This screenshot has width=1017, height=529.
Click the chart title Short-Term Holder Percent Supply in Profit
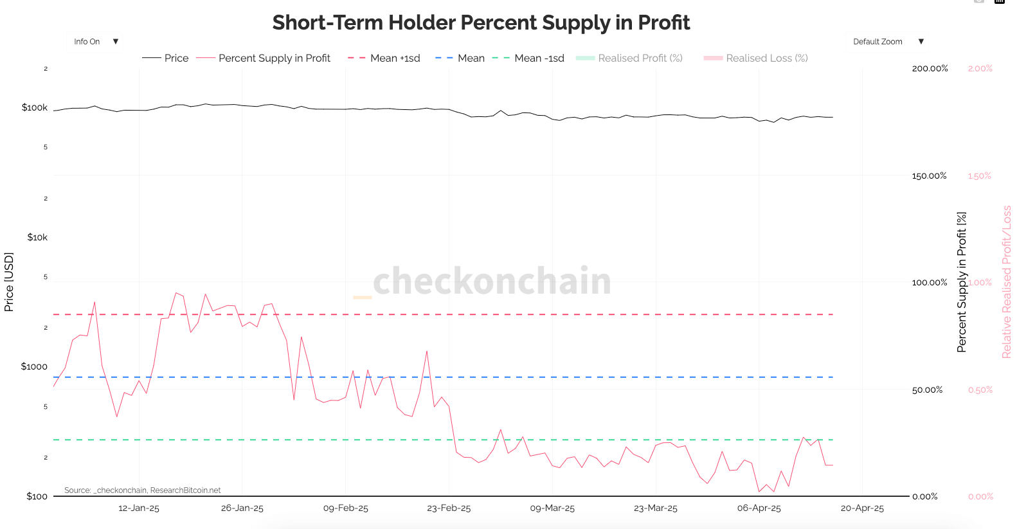tap(481, 22)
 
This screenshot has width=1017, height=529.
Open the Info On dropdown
tap(95, 42)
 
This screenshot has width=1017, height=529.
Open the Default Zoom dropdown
tap(888, 42)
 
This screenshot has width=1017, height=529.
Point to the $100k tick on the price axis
tap(35, 107)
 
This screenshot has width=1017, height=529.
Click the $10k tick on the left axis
tap(37, 237)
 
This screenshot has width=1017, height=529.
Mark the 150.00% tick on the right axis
tap(929, 175)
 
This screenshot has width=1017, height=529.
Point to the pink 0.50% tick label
tap(980, 390)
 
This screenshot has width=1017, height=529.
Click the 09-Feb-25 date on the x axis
tap(345, 508)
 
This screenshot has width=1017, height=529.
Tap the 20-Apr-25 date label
tap(862, 508)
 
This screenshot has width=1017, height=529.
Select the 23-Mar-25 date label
tap(655, 508)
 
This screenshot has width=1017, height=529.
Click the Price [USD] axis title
tap(9, 282)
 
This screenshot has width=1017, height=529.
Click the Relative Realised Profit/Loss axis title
tap(1006, 282)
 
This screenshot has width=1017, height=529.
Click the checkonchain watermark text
tap(492, 281)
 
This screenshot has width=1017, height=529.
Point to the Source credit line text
tap(142, 490)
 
